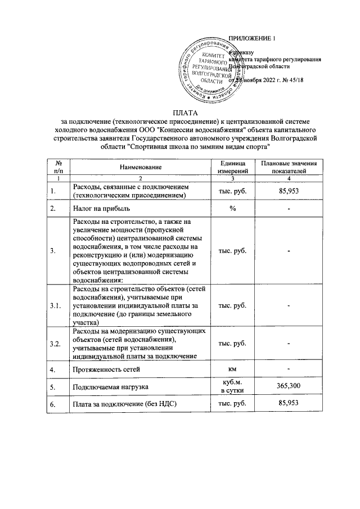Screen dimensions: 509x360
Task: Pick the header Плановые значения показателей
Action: (x=288, y=166)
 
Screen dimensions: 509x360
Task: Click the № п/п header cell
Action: (x=58, y=166)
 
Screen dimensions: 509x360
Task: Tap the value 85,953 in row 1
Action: (x=288, y=191)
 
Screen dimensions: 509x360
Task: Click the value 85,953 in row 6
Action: (x=288, y=403)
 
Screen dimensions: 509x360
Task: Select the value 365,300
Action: (x=288, y=387)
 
